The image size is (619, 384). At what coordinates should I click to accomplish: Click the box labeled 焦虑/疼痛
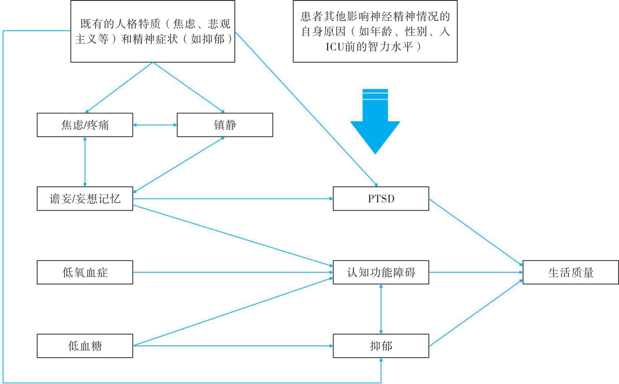(85, 125)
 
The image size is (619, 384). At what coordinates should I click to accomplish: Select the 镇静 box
(225, 125)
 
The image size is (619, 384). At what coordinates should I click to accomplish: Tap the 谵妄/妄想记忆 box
(85, 199)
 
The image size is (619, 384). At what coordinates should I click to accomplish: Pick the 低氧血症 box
(85, 272)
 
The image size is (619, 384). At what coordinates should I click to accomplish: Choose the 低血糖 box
(85, 346)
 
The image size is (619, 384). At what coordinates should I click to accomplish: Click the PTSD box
(381, 199)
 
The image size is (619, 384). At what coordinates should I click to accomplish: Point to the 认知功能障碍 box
(381, 272)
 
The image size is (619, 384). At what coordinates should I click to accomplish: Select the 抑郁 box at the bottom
(381, 346)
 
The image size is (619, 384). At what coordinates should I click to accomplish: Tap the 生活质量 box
(571, 272)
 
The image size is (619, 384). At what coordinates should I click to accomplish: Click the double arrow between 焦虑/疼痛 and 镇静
(155, 125)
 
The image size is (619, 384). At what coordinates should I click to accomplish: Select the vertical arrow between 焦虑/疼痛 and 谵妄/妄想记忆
(85, 162)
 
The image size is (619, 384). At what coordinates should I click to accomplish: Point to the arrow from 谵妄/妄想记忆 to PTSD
(232, 199)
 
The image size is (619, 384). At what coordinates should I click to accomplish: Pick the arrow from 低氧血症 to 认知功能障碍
(232, 272)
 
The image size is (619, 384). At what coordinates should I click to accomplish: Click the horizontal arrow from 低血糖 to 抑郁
(232, 346)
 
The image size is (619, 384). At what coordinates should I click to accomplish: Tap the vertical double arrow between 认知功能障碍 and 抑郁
(381, 309)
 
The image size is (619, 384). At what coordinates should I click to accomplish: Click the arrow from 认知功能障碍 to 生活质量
(476, 272)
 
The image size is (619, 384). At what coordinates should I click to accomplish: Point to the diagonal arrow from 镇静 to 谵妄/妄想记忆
(179, 165)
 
